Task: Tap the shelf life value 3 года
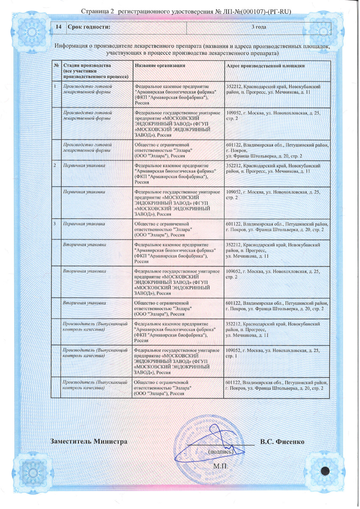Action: pos(258,27)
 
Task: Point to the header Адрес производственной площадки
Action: pos(265,66)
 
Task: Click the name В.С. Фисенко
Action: pos(282,442)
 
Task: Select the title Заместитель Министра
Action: pos(89,442)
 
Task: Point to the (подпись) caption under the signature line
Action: pos(221,452)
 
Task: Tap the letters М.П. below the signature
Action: pos(220,466)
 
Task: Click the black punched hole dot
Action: pos(326,470)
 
